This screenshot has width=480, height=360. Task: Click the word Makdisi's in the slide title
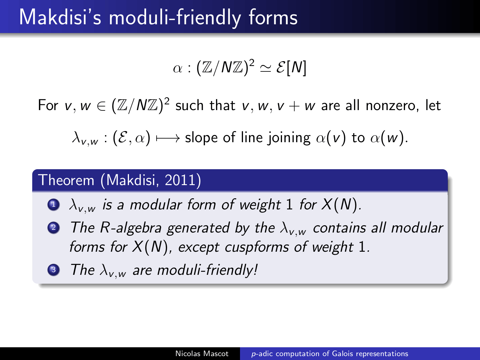point(60,17)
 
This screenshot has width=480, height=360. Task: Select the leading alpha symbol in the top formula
point(177,68)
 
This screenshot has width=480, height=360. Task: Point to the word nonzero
point(392,106)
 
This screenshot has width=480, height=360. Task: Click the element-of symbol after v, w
point(101,106)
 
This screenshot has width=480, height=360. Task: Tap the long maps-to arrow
point(168,138)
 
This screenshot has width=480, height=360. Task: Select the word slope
point(201,138)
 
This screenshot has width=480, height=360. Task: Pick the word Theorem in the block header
point(66,180)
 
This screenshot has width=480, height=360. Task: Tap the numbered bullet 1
point(53,205)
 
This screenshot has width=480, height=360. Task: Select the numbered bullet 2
point(53,228)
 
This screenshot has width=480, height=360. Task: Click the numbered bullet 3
point(53,270)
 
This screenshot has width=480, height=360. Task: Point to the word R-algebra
point(130,228)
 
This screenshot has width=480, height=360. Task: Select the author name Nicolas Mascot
point(202,354)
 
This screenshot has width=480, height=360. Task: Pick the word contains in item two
point(339,228)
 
